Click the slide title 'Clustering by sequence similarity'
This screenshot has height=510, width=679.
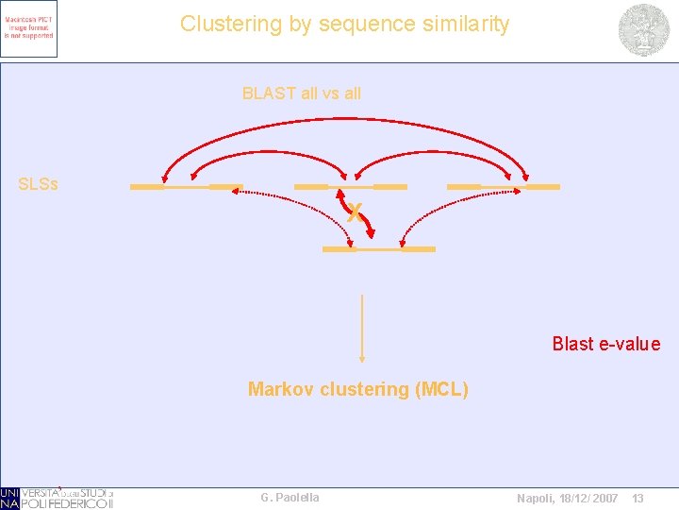[x=344, y=25]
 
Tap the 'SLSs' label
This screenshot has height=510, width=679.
[x=38, y=184]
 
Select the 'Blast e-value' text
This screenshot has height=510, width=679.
[x=605, y=344]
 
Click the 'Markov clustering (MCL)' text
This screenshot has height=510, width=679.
[x=357, y=389]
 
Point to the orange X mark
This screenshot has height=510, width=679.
[x=353, y=214]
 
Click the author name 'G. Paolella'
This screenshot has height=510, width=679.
[x=290, y=498]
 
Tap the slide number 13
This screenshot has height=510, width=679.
[x=638, y=498]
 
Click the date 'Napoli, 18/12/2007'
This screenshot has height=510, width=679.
[x=567, y=498]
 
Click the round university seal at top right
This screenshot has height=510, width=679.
[x=643, y=30]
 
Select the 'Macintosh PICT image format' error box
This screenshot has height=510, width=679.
[x=29, y=28]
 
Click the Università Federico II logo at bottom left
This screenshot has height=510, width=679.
[x=57, y=498]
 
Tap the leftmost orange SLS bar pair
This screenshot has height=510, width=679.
[x=186, y=187]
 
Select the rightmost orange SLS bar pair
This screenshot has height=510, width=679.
[x=503, y=187]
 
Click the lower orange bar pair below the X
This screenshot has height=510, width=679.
[x=378, y=249]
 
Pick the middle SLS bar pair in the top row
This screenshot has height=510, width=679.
[x=350, y=187]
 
